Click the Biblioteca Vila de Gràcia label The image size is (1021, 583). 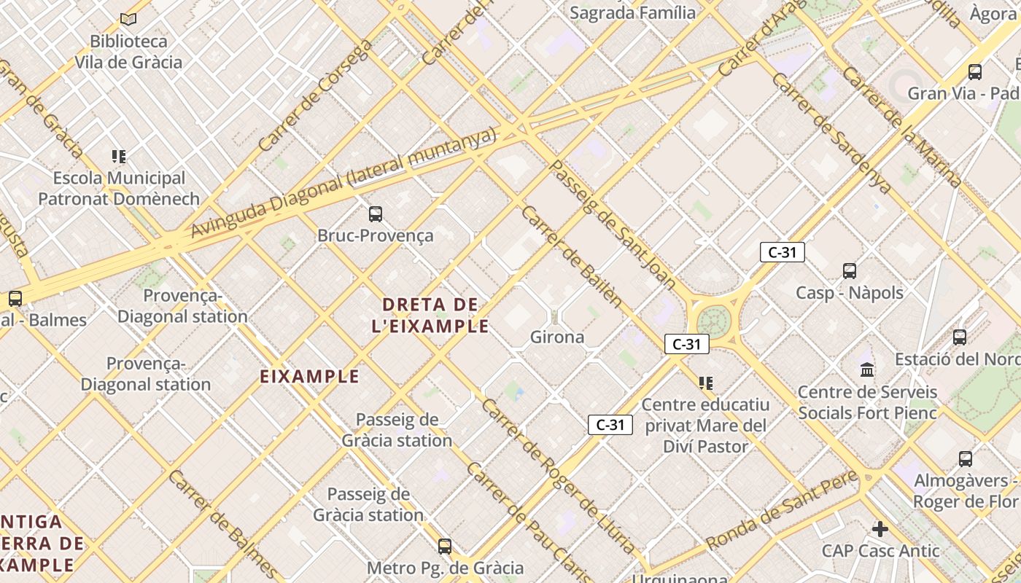click(129, 52)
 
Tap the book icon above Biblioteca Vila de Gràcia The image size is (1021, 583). click(129, 20)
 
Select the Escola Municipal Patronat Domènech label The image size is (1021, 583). click(119, 188)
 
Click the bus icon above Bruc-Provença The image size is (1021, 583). click(376, 214)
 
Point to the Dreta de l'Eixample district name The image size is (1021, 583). click(430, 315)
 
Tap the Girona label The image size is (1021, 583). click(557, 337)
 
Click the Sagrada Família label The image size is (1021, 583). click(632, 12)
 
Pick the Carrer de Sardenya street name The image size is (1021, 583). click(831, 133)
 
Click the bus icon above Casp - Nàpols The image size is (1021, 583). click(850, 271)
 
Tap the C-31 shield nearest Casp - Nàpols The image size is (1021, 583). click(782, 253)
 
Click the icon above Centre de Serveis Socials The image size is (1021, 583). click(867, 370)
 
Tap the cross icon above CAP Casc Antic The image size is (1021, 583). click(880, 528)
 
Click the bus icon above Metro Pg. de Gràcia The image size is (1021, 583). click(445, 546)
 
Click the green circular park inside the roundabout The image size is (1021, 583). click(713, 321)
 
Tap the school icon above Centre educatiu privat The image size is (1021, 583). click(705, 383)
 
